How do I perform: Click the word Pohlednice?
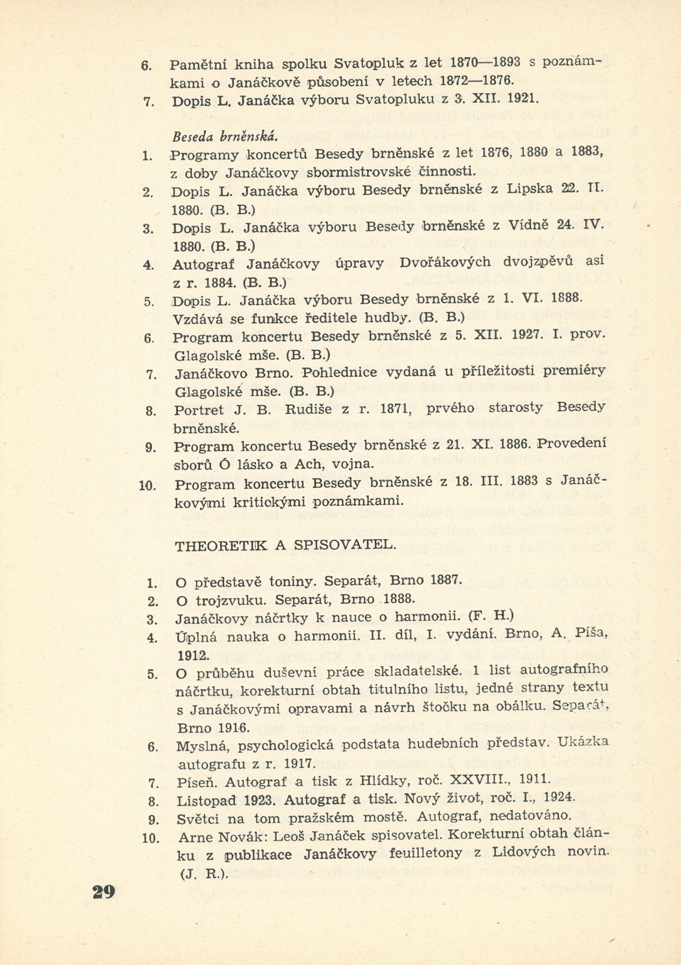pyautogui.click(x=340, y=373)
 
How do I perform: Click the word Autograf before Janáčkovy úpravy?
pyautogui.click(x=204, y=264)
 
